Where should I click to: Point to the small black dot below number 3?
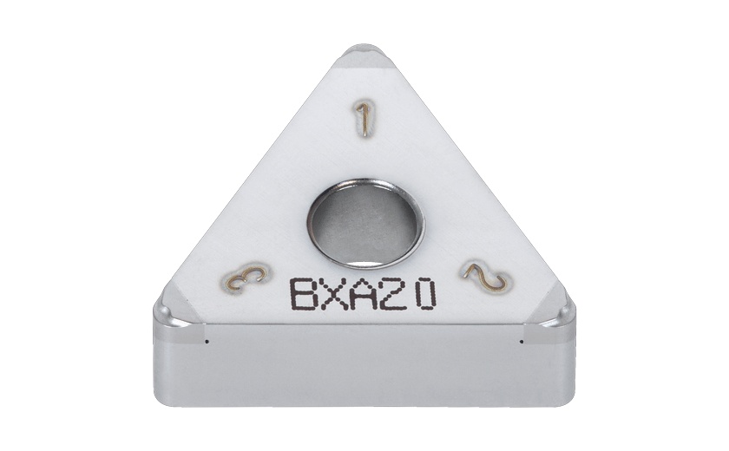point(207,341)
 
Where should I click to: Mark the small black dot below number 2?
point(521,341)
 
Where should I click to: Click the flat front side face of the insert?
point(364,364)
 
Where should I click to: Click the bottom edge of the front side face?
point(364,404)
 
